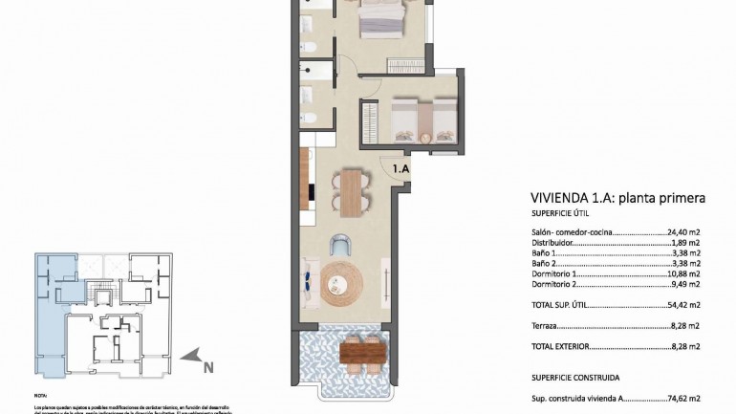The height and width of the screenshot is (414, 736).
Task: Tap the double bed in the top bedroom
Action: (x=381, y=19)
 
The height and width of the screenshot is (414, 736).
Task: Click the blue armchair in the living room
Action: (x=341, y=245)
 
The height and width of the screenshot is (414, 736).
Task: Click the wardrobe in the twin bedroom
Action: (x=369, y=123)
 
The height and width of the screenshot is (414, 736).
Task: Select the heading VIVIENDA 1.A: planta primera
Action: (x=617, y=199)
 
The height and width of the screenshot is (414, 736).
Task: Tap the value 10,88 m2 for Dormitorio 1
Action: (x=684, y=273)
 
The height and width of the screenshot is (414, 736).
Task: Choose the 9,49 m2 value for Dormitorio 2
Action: (x=686, y=284)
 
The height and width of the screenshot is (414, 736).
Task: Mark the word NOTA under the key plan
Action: (x=40, y=395)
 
